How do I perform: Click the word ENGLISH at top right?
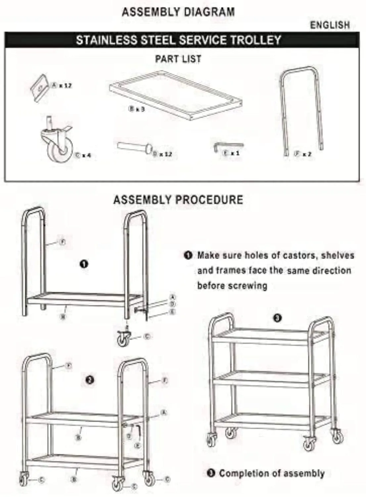point(330,25)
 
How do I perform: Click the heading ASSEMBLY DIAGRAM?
point(178,12)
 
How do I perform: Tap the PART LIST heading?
point(178,59)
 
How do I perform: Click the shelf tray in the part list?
point(175,94)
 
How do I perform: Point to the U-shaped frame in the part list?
point(301,109)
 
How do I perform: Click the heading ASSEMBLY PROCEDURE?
point(178,200)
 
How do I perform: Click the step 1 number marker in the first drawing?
point(84,264)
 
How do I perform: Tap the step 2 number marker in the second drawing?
point(89,380)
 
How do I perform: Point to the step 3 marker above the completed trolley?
point(277,318)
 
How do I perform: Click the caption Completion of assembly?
point(271,473)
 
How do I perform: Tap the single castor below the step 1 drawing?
point(124,339)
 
